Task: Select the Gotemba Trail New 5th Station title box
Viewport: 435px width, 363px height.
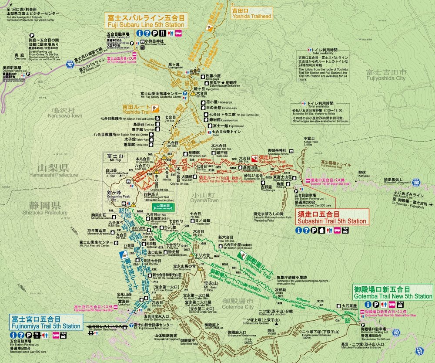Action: tap(393, 292)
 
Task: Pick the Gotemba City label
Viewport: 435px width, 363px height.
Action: tap(237, 304)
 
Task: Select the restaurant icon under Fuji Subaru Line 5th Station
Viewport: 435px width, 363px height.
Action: tap(161, 33)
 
